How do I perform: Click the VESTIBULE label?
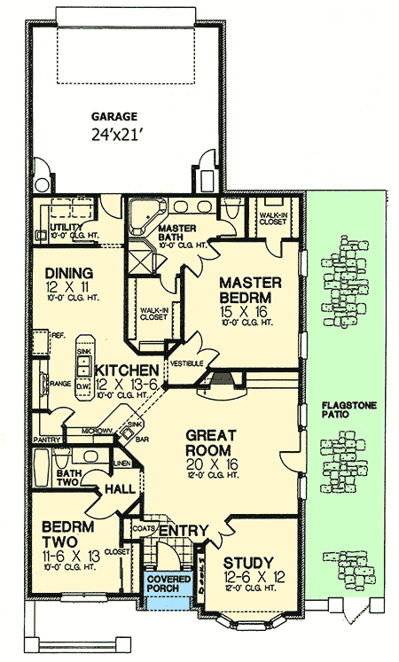point(187,363)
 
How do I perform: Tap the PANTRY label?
point(46,439)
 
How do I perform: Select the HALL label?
point(119,489)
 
